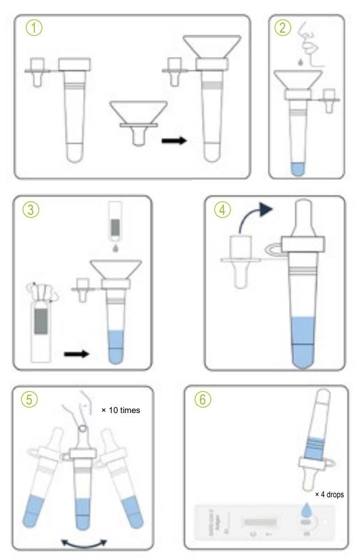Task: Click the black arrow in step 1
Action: click(x=174, y=139)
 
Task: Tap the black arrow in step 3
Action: click(x=77, y=353)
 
